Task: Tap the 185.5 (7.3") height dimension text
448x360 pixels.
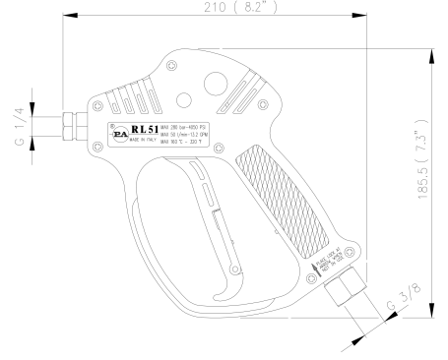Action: point(421,182)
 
